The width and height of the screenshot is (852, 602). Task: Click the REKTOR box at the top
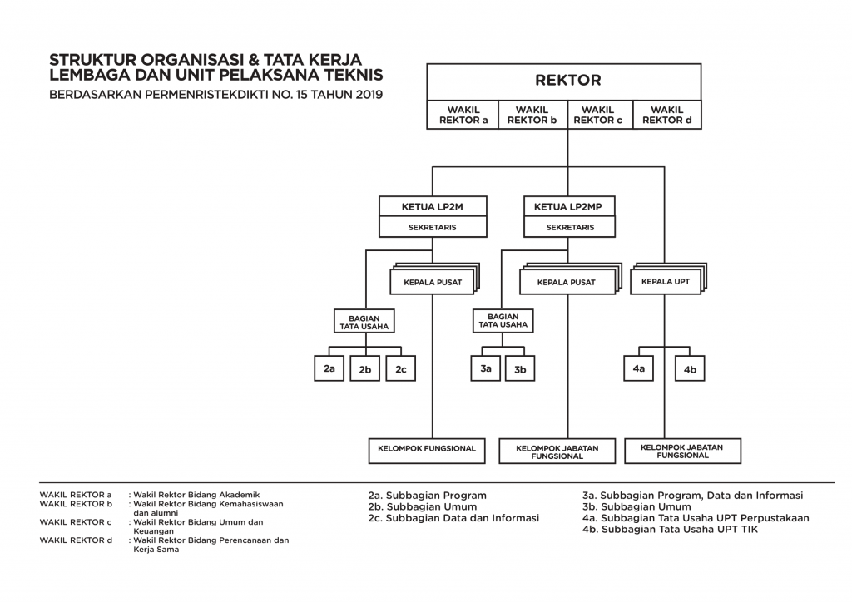click(564, 81)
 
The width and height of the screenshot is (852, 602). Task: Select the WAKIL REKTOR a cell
click(463, 115)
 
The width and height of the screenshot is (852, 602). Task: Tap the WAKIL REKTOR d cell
click(667, 115)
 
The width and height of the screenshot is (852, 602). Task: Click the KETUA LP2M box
click(433, 207)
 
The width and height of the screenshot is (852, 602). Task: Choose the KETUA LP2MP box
click(569, 207)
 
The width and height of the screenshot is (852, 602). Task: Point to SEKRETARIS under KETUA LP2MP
click(569, 228)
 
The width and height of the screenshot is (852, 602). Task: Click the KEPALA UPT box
click(666, 282)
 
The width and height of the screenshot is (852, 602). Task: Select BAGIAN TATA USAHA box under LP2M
click(364, 321)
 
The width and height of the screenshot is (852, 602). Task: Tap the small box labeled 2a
click(329, 368)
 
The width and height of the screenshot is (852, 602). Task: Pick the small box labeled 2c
click(401, 368)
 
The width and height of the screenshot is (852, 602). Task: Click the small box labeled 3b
click(520, 368)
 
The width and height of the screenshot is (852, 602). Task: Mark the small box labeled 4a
click(638, 368)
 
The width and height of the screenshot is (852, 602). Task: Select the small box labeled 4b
click(690, 368)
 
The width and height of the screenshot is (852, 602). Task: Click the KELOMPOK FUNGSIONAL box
click(427, 451)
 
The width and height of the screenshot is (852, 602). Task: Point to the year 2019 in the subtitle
click(369, 95)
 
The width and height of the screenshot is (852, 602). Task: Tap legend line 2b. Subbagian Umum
click(423, 506)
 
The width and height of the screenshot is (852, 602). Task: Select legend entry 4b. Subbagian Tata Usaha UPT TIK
click(670, 530)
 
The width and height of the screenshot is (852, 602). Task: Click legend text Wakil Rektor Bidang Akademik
click(196, 495)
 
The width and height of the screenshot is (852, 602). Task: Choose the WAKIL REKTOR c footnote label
click(76, 521)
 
